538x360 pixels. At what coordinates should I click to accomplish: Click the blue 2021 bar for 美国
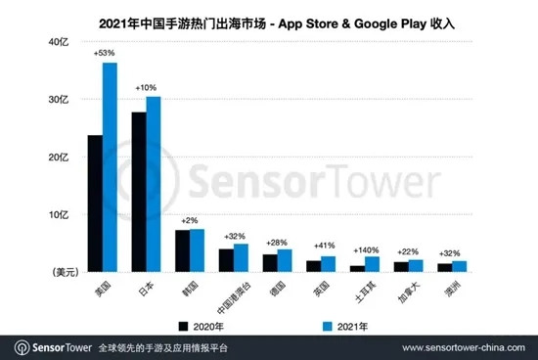point(110,167)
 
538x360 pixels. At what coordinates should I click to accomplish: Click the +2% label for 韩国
point(190,221)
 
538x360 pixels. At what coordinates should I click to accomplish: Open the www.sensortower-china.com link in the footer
point(464,348)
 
